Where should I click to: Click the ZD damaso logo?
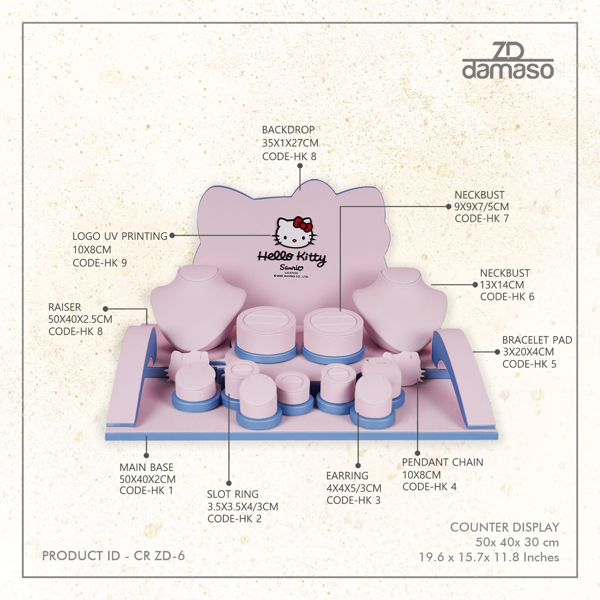click(x=508, y=61)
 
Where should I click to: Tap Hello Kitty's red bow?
click(x=303, y=224)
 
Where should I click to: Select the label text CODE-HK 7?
click(x=481, y=219)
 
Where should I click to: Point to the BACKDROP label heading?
click(x=288, y=130)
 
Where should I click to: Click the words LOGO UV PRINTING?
click(x=120, y=236)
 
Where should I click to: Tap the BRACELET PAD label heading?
click(x=537, y=340)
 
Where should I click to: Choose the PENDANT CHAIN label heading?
click(x=442, y=462)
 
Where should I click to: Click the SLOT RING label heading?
click(x=233, y=494)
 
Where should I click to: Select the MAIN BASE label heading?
click(x=147, y=467)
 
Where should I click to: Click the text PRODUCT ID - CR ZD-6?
click(x=113, y=556)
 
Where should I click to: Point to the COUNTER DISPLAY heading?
click(x=505, y=527)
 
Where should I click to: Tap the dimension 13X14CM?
click(x=502, y=285)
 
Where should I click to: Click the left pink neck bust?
click(x=198, y=306)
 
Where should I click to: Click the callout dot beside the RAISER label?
click(x=105, y=309)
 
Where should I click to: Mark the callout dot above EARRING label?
click(x=358, y=466)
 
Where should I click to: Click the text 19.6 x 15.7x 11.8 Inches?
click(x=489, y=557)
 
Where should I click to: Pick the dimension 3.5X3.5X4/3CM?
click(x=243, y=507)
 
